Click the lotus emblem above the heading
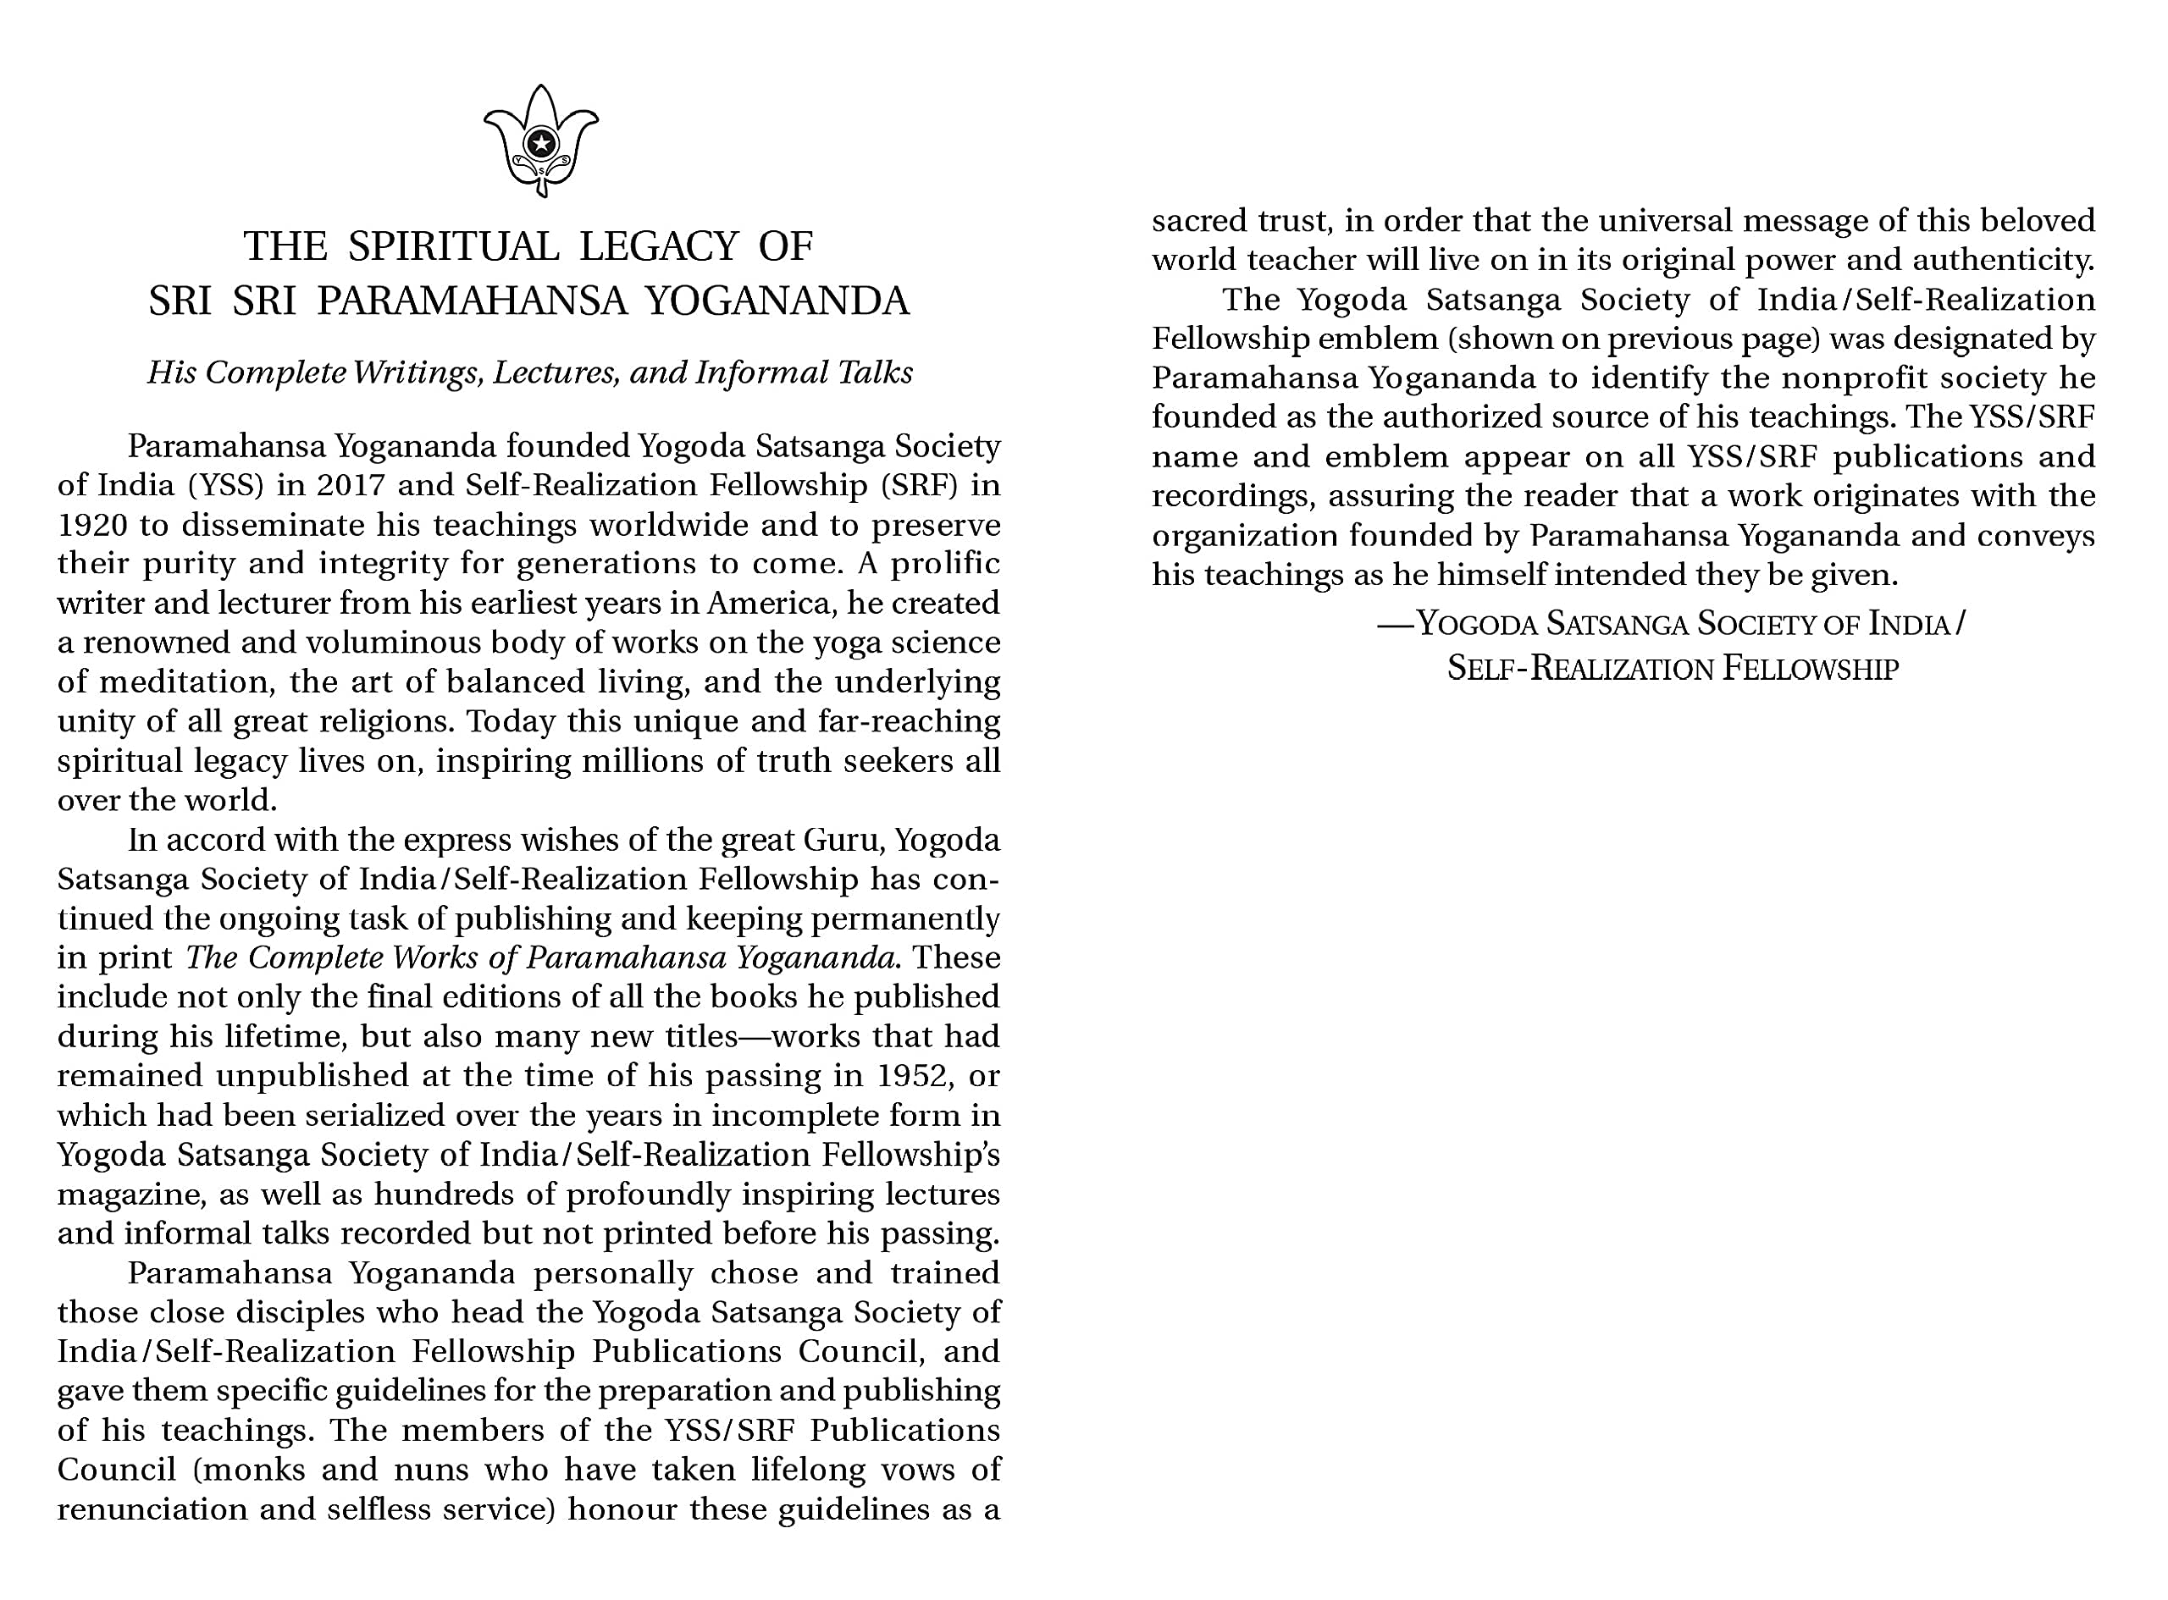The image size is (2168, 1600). (540, 141)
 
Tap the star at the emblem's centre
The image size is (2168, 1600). (540, 144)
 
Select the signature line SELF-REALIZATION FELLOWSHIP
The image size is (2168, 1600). (1672, 668)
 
